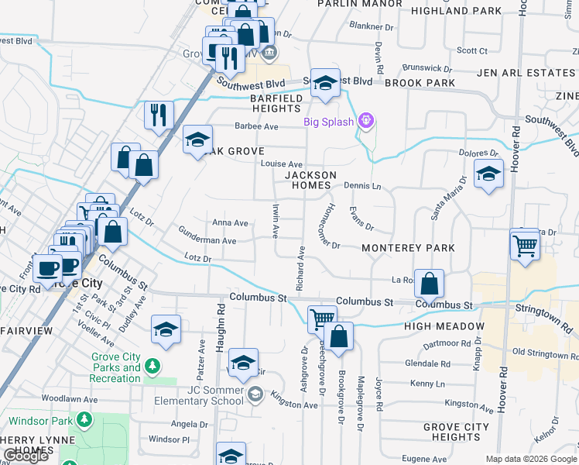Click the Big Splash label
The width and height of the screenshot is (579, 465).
click(328, 121)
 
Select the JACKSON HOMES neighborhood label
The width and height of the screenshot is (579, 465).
click(310, 181)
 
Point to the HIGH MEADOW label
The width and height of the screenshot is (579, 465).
click(444, 326)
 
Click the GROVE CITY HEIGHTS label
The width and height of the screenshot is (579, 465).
click(457, 432)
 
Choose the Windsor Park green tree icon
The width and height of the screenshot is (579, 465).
click(84, 421)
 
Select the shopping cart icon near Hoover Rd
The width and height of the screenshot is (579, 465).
click(525, 246)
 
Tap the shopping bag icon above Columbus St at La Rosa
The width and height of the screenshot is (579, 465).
click(429, 284)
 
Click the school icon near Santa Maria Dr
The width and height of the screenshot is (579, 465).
click(488, 175)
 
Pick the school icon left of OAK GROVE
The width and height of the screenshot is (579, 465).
click(197, 140)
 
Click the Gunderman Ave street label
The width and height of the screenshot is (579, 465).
click(207, 241)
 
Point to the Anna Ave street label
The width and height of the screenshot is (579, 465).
click(230, 223)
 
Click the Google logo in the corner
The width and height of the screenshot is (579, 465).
click(26, 456)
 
